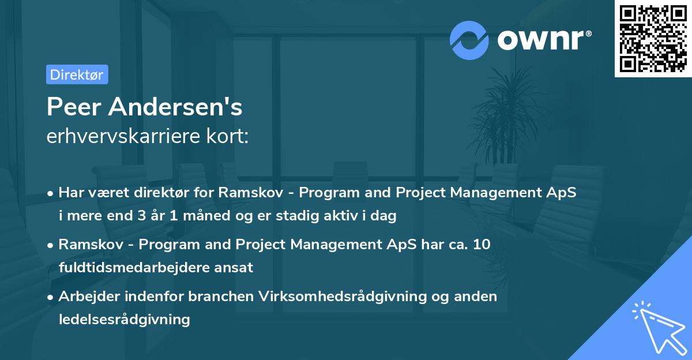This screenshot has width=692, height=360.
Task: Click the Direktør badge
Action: click(x=77, y=74)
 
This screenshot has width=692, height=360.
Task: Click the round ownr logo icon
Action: click(x=469, y=40)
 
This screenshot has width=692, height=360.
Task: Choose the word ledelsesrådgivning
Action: click(x=124, y=319)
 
